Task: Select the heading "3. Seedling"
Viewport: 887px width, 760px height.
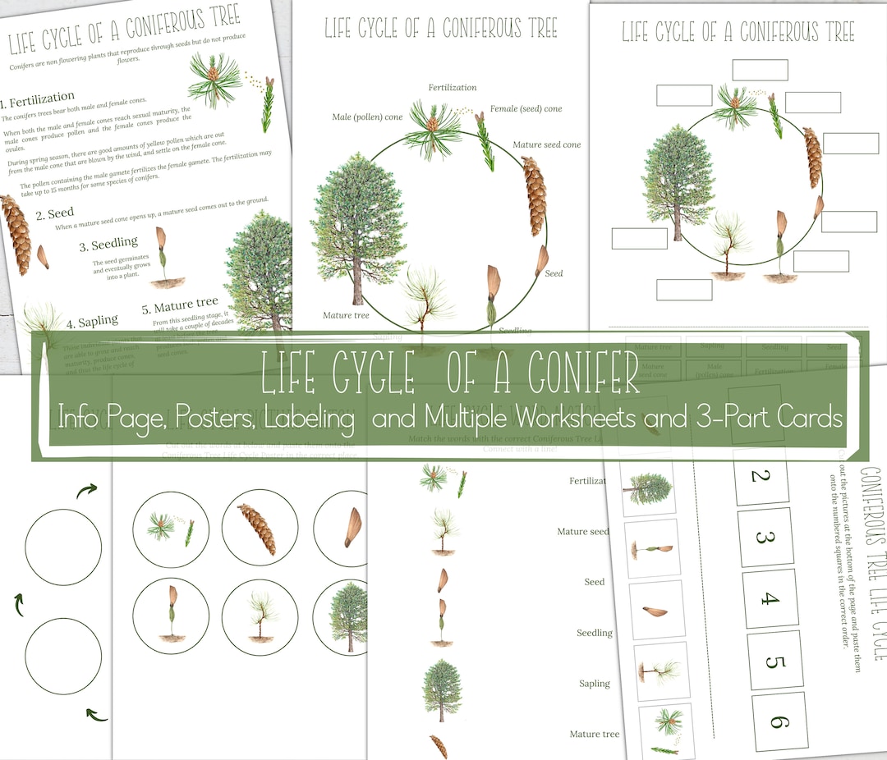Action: [108, 245]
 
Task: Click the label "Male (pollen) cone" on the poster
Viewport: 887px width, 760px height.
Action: [367, 117]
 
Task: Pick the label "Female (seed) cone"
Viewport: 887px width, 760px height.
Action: [526, 108]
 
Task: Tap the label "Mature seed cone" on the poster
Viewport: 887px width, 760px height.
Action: [547, 145]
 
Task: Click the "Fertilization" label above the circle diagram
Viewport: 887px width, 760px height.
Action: [453, 88]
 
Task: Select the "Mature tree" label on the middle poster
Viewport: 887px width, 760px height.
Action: [346, 315]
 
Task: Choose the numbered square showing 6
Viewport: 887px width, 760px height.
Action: [779, 721]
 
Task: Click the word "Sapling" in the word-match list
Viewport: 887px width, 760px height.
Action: [594, 684]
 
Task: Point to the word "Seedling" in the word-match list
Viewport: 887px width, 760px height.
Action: [594, 633]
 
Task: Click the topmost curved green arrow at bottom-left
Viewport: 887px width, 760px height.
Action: [87, 490]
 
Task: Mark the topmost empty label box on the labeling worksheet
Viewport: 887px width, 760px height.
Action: [760, 70]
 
